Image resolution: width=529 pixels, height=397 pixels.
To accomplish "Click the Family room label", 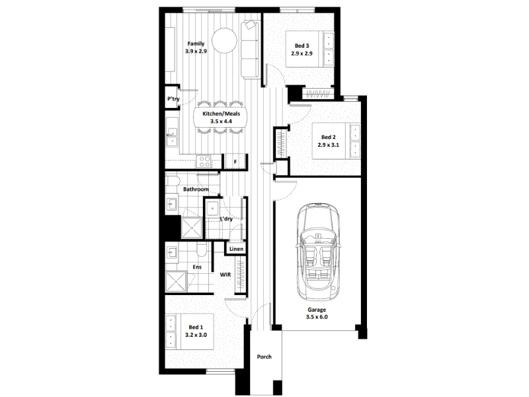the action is click(196, 44).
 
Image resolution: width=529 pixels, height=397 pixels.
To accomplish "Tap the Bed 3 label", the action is click(302, 46).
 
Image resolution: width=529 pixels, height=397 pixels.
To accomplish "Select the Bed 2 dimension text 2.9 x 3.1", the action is click(328, 145).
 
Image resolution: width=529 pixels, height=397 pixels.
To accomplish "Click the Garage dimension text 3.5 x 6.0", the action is click(317, 317).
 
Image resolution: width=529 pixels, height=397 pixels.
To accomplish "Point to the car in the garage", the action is click(319, 252).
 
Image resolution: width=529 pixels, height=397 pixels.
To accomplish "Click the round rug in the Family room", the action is click(224, 40).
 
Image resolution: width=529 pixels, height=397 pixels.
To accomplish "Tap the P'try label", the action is click(173, 99).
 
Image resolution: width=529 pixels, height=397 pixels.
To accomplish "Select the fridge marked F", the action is click(235, 161).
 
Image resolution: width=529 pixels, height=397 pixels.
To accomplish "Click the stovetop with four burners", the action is click(204, 161).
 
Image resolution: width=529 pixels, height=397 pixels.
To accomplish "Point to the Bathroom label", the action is click(196, 189).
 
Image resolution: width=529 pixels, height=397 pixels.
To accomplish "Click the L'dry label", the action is click(226, 219).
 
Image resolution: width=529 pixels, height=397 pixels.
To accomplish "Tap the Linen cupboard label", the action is click(236, 249).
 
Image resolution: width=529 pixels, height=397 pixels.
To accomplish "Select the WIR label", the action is click(225, 275).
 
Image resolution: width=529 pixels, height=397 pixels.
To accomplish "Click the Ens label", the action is click(197, 267).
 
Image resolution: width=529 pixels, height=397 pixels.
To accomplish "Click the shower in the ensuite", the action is click(176, 281).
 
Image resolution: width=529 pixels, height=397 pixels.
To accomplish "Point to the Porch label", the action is click(264, 357).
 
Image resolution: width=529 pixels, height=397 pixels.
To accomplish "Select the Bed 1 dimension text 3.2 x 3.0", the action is click(196, 335).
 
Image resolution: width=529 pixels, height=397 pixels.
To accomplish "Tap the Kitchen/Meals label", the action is click(222, 114).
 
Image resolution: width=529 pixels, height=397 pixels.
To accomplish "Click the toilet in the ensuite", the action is click(202, 250).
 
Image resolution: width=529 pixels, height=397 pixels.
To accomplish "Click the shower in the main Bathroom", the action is click(192, 228).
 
